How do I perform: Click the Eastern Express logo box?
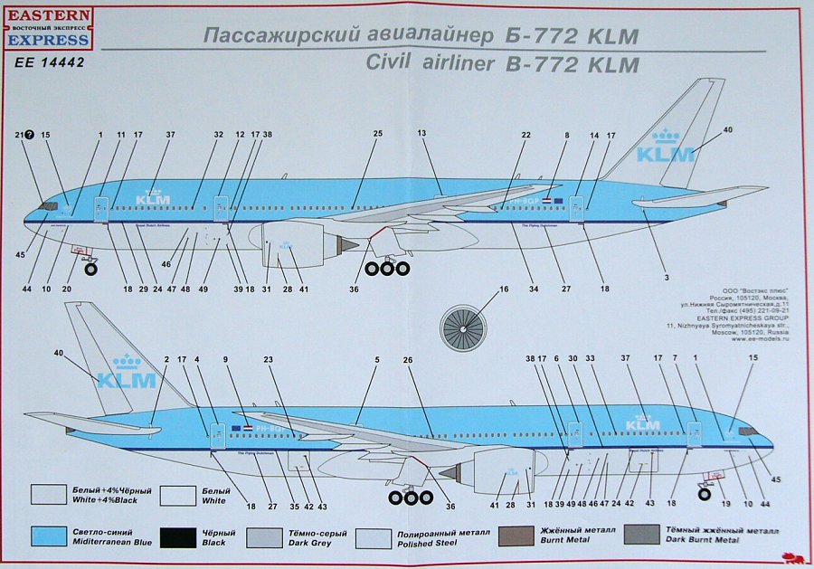pyautogui.click(x=49, y=27)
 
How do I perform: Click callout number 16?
pyautogui.click(x=504, y=290)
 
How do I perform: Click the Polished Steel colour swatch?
pyautogui.click(x=374, y=537)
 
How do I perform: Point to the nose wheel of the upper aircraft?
pyautogui.click(x=91, y=266)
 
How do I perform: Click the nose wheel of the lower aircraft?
pyautogui.click(x=704, y=493)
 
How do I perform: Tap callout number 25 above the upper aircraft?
pyautogui.click(x=378, y=135)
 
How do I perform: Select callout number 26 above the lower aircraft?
pyautogui.click(x=408, y=361)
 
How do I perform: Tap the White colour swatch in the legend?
pyautogui.click(x=177, y=494)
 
